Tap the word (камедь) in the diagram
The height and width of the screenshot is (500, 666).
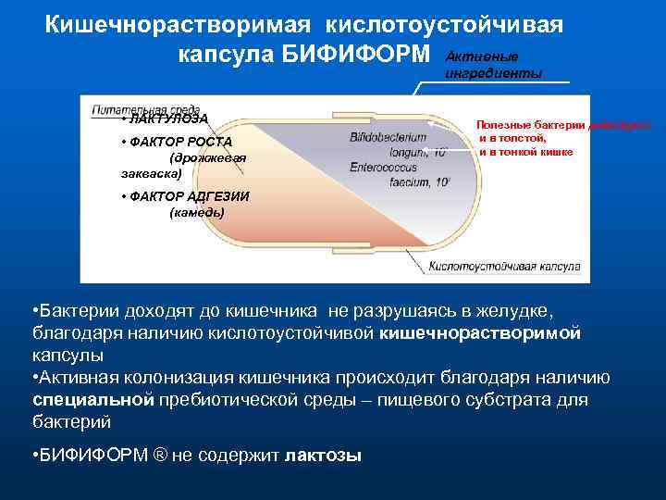pos(197,212)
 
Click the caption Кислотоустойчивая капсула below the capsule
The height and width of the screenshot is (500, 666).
pos(504,268)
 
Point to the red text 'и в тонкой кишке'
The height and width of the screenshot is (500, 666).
pos(525,151)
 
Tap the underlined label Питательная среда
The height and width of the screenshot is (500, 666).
pos(145,109)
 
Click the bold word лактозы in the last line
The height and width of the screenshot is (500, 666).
pos(323,456)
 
